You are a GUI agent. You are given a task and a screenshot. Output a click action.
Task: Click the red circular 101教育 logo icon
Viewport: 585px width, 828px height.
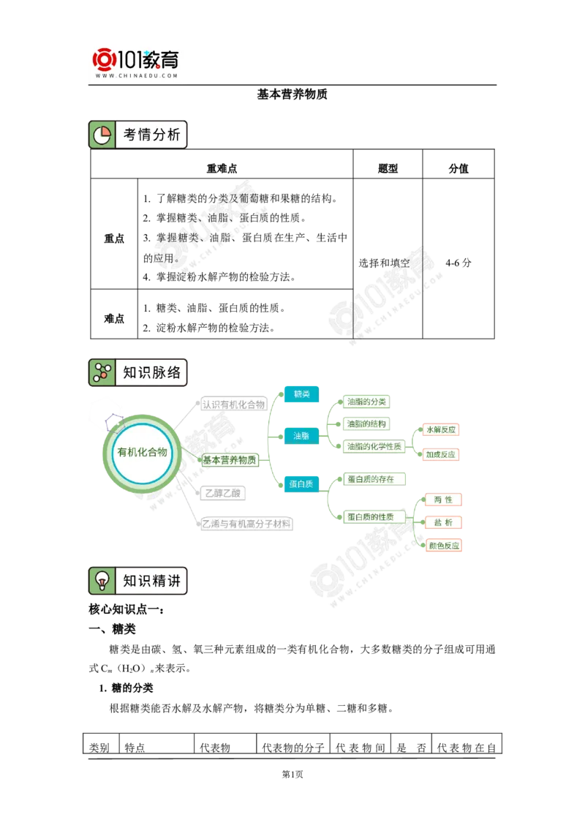105,61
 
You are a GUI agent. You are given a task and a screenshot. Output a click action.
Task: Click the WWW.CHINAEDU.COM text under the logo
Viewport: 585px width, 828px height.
137,75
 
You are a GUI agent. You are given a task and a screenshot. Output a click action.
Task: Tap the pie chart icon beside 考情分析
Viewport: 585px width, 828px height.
102,135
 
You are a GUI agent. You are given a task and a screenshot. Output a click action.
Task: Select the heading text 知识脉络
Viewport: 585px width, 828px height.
151,372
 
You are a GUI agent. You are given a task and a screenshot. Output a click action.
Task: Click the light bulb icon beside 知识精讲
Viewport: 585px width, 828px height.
102,581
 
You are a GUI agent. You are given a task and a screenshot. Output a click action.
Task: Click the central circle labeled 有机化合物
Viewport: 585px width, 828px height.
142,452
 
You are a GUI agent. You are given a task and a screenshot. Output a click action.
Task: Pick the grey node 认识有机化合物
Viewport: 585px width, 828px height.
233,404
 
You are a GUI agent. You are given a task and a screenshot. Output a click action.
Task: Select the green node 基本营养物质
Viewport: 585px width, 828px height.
230,460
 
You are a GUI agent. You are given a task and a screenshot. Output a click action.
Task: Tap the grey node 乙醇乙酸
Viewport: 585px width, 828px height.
222,493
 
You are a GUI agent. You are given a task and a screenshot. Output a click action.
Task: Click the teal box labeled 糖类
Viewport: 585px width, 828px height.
302,394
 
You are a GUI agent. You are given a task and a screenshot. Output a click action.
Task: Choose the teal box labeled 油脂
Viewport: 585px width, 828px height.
302,436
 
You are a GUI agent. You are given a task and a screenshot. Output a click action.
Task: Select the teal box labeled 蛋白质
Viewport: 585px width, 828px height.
301,483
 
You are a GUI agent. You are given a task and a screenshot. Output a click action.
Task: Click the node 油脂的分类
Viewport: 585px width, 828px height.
367,402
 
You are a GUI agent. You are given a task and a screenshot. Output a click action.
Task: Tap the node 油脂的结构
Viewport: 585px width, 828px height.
367,424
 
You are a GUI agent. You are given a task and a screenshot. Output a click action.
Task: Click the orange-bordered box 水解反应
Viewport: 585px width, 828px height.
442,430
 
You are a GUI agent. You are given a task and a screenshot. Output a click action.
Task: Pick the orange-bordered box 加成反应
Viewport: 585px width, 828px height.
442,454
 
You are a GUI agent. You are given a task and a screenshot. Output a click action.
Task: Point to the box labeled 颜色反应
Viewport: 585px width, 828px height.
443,546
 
